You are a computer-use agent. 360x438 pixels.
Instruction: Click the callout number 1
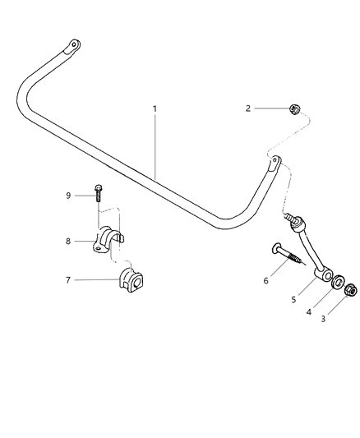pyautogui.click(x=155, y=108)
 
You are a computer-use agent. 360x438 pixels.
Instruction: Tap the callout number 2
pyautogui.click(x=248, y=108)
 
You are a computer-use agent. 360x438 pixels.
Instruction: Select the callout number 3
pyautogui.click(x=323, y=319)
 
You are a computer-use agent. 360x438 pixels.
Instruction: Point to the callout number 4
pyautogui.click(x=308, y=311)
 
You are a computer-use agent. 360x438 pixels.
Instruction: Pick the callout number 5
pyautogui.click(x=293, y=300)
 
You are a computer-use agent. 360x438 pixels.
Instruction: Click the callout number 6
pyautogui.click(x=265, y=280)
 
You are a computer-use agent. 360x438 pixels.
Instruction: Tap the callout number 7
pyautogui.click(x=68, y=280)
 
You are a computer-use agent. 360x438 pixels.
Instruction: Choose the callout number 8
pyautogui.click(x=68, y=241)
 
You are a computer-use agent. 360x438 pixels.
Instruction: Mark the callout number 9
pyautogui.click(x=68, y=196)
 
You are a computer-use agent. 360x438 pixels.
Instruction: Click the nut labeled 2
pyautogui.click(x=294, y=109)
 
